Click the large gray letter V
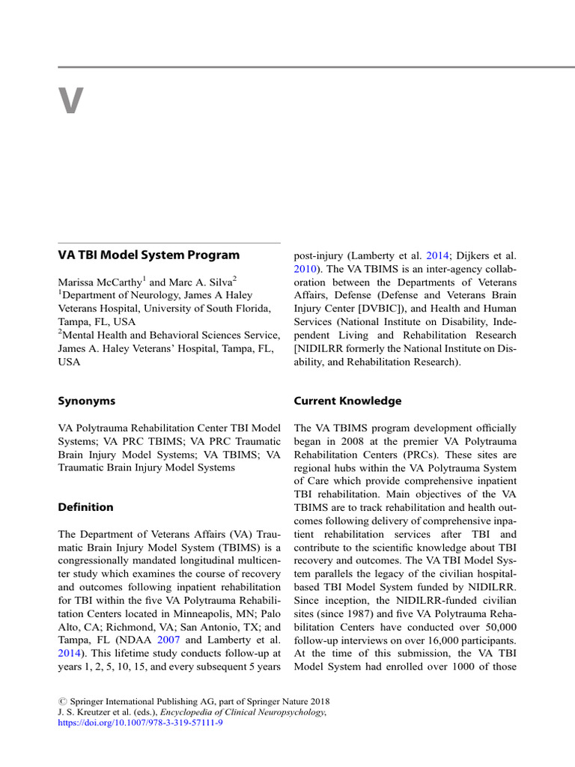click(71, 101)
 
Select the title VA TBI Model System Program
click(149, 255)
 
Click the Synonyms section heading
click(87, 401)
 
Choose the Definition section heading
click(86, 507)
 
